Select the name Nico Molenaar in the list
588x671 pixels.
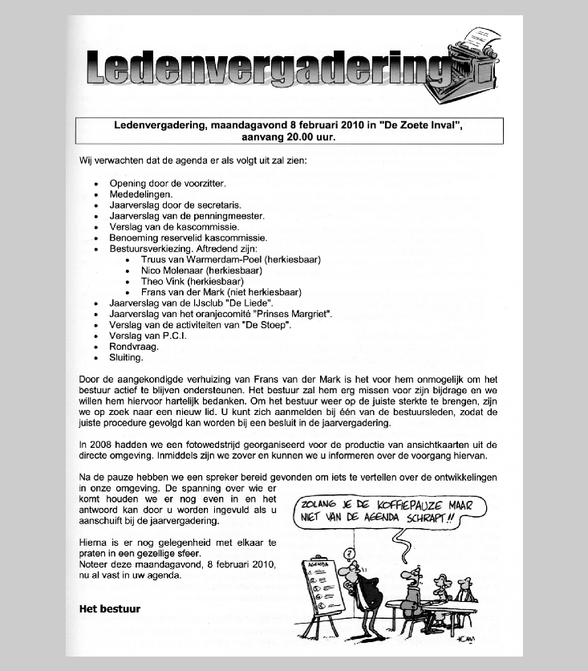[173, 270]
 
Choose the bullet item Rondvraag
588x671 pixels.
[129, 348]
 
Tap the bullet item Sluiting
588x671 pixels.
[126, 358]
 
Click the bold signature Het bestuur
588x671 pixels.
[109, 609]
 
